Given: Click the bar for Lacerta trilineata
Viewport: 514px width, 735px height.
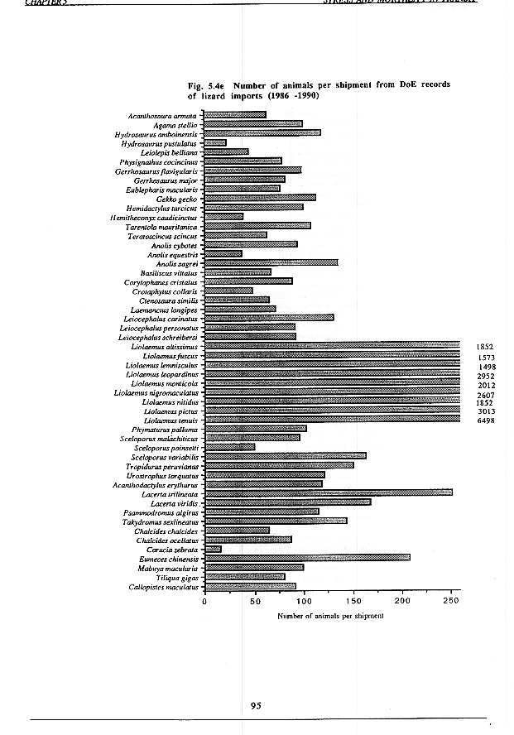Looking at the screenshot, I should tap(328, 492).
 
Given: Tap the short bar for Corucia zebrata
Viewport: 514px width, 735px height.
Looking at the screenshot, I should tap(213, 549).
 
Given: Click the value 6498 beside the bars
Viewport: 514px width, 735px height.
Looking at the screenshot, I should tap(486, 420).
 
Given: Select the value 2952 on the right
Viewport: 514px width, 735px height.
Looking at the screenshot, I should tap(486, 375).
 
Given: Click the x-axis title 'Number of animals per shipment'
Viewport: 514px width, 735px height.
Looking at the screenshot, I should tap(328, 617).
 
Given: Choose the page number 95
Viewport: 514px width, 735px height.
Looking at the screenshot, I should tap(256, 705).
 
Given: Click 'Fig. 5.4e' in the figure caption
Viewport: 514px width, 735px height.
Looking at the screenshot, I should tap(208, 85).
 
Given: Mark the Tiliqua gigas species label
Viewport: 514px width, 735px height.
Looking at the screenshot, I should tap(176, 578).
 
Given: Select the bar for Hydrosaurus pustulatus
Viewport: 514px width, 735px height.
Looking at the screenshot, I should tap(215, 142).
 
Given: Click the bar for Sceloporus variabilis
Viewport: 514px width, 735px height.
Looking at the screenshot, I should tap(285, 455).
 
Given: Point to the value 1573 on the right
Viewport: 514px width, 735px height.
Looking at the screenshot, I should tap(486, 357).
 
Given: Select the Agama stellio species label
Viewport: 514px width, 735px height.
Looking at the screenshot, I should tap(176, 124).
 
